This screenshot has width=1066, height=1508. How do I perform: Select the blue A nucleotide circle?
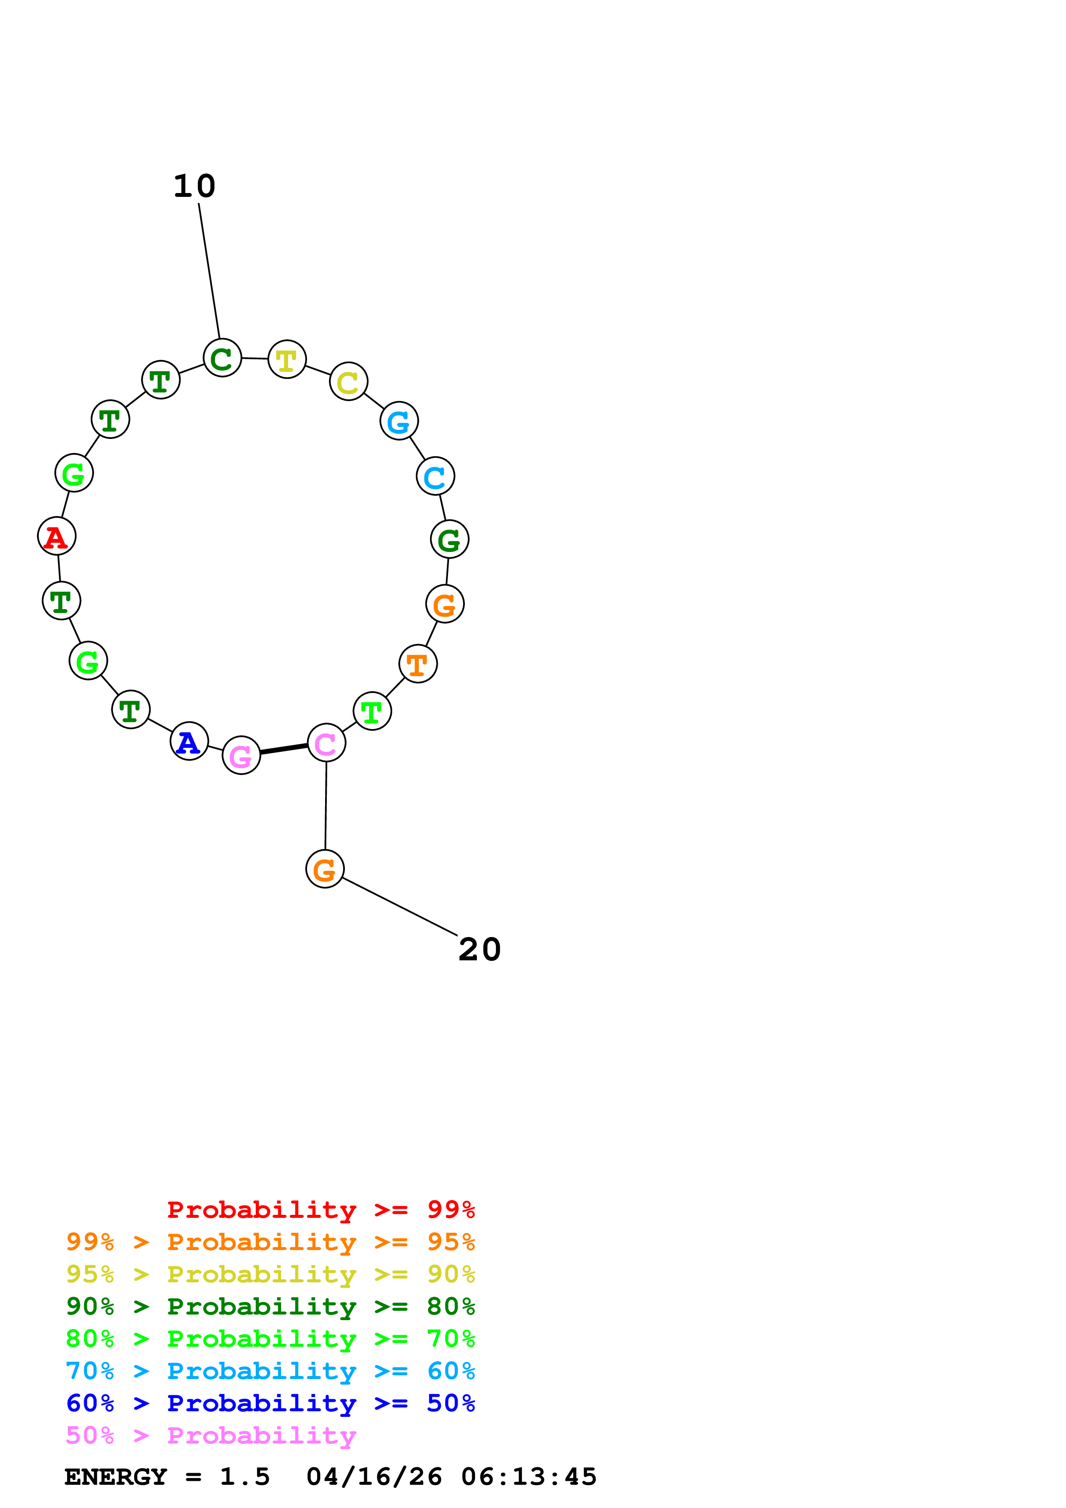(x=189, y=742)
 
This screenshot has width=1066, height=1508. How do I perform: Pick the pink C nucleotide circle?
(x=326, y=743)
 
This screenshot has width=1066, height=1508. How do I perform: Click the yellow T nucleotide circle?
(x=287, y=359)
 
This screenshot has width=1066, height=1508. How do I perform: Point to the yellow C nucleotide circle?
(x=348, y=381)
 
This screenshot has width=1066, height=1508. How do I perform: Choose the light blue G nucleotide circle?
(x=399, y=421)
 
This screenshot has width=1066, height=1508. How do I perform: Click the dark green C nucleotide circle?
(x=222, y=358)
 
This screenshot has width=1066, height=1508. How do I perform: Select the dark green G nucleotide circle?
(x=449, y=539)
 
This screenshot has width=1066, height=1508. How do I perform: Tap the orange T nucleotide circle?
(x=418, y=664)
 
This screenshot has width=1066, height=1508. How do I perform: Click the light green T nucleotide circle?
(x=372, y=711)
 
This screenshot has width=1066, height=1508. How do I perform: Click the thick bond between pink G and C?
(x=284, y=749)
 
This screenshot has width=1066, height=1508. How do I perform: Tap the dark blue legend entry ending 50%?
(x=270, y=1403)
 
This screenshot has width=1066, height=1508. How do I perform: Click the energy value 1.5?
(x=244, y=1477)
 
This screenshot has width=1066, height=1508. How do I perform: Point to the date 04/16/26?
(x=374, y=1477)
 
